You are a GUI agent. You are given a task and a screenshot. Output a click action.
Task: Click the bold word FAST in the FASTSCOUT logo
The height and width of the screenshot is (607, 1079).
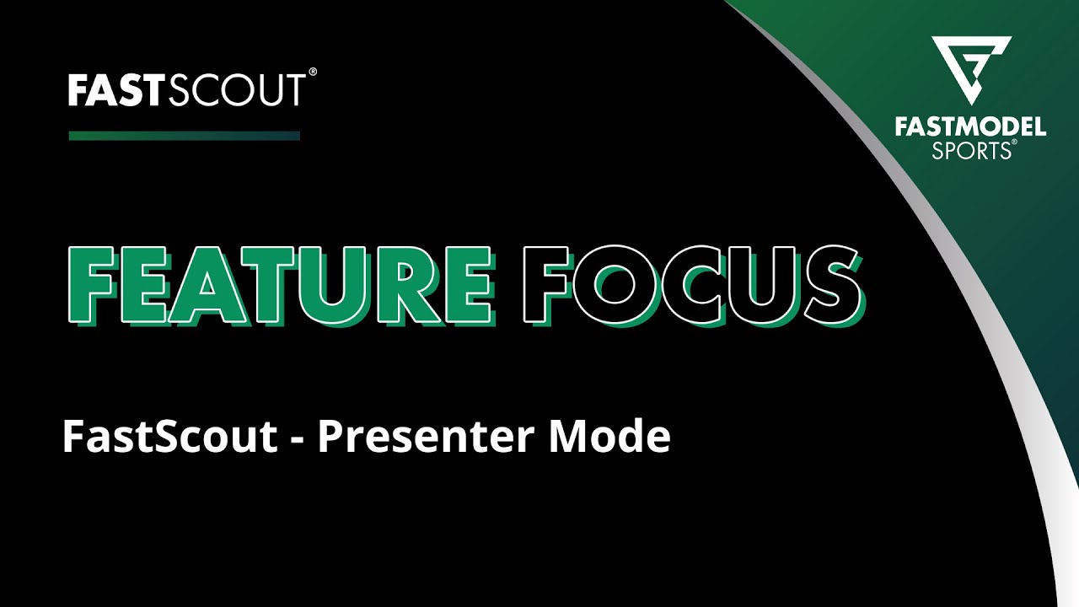[117, 90]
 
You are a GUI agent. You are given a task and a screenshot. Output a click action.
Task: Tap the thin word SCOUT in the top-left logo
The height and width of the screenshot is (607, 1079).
[237, 90]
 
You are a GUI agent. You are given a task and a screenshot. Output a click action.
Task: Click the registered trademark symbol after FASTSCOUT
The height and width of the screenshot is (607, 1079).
[313, 74]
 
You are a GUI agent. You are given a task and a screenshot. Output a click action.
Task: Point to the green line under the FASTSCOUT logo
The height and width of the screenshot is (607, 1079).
[184, 136]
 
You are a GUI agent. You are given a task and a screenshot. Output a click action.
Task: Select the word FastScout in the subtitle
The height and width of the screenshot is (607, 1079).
[169, 438]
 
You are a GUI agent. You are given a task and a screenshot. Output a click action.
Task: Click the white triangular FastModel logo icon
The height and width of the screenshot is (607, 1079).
[970, 69]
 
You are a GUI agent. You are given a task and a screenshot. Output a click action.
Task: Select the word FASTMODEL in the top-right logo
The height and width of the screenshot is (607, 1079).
[970, 128]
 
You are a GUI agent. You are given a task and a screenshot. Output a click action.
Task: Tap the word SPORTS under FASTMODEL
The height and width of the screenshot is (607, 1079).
[970, 152]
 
